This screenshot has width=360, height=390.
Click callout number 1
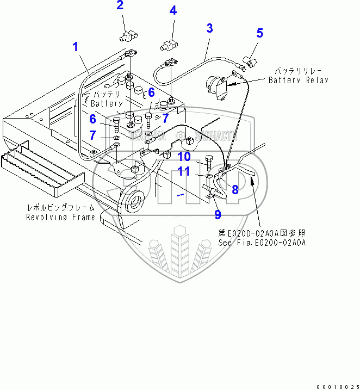(x=76, y=47)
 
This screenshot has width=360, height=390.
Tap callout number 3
(x=209, y=28)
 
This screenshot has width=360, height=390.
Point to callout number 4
(x=172, y=10)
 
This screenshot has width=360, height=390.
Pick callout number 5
(x=259, y=33)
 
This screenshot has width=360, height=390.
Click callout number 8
(x=235, y=189)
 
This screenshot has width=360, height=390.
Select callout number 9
(x=218, y=214)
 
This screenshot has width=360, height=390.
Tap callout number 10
(x=184, y=157)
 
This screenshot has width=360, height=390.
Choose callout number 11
(x=184, y=171)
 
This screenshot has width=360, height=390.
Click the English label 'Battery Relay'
(x=299, y=80)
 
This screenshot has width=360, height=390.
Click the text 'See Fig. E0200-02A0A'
(x=262, y=243)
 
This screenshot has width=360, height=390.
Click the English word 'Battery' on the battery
(x=107, y=103)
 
